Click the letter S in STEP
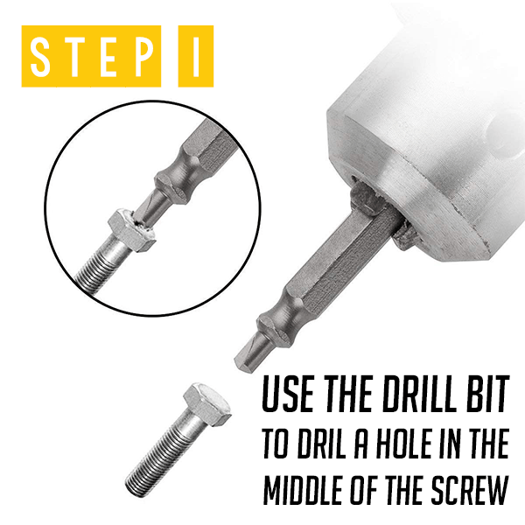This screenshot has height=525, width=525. tap(40, 56)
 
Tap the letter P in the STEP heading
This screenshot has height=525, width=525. tap(144, 56)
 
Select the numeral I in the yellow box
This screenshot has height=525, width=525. tap(196, 56)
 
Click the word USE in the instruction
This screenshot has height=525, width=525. tap(288, 394)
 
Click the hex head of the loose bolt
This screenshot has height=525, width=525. tap(207, 404)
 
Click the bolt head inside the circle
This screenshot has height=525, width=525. tap(132, 230)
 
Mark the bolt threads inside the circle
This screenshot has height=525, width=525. tap(97, 264)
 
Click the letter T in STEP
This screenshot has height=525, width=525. tap(75, 56)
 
